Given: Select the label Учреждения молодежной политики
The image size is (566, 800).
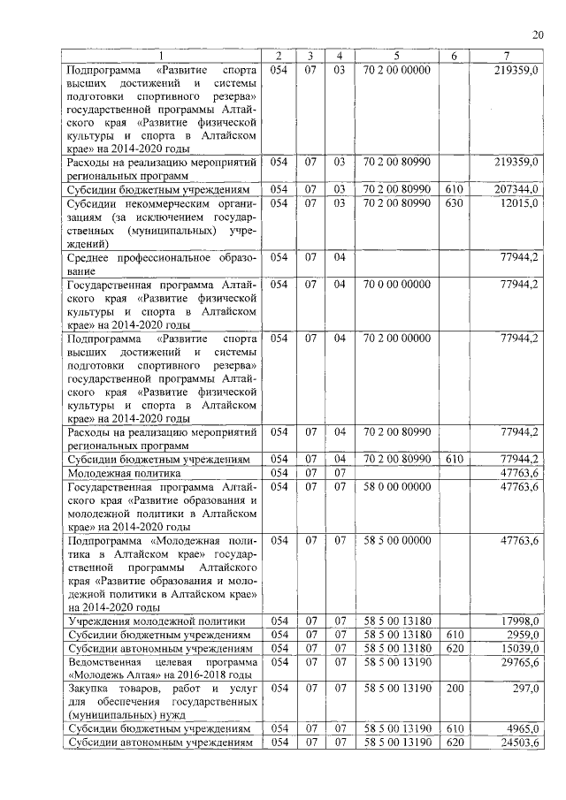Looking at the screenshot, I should pyautogui.click(x=156, y=621).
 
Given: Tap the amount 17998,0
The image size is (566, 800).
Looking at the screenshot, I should pyautogui.click(x=519, y=621).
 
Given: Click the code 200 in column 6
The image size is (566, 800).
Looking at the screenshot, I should pyautogui.click(x=455, y=688).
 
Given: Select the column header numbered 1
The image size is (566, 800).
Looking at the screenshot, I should pyautogui.click(x=162, y=57).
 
